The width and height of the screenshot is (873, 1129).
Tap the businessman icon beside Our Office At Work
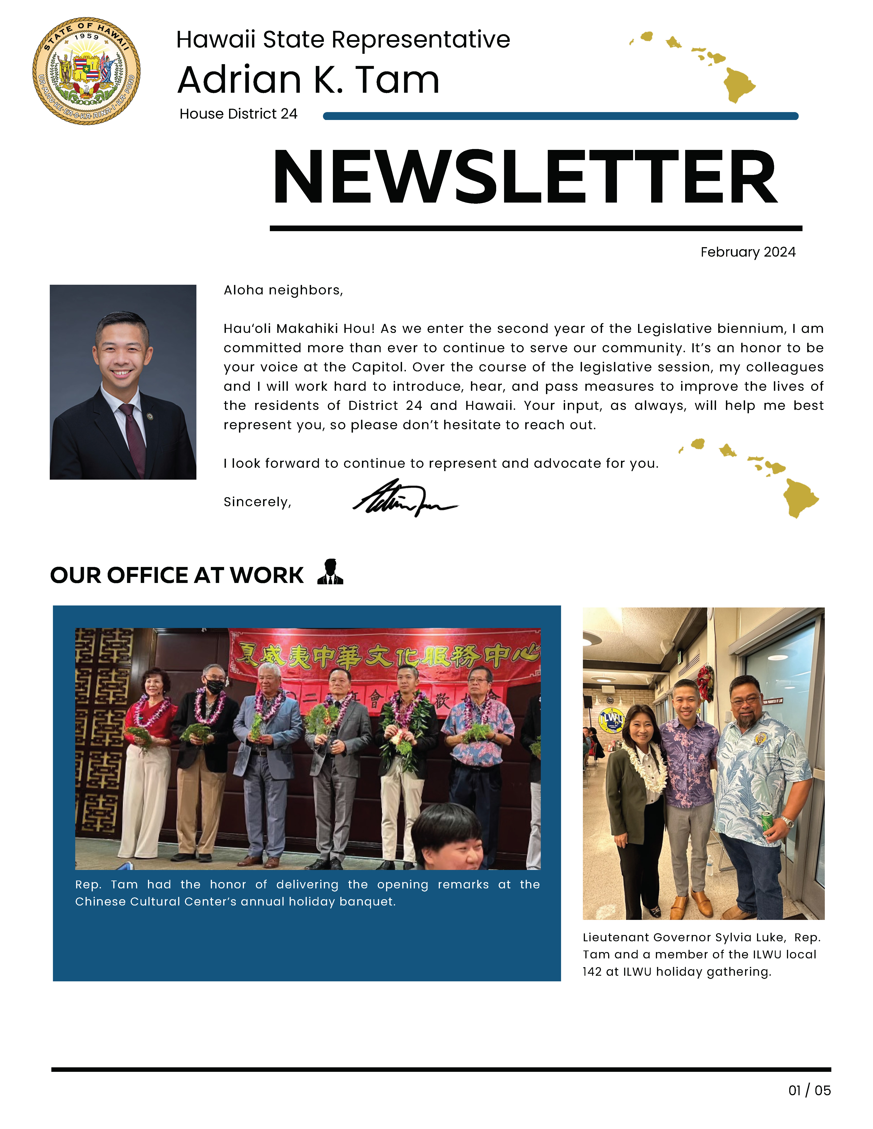point(330,572)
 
